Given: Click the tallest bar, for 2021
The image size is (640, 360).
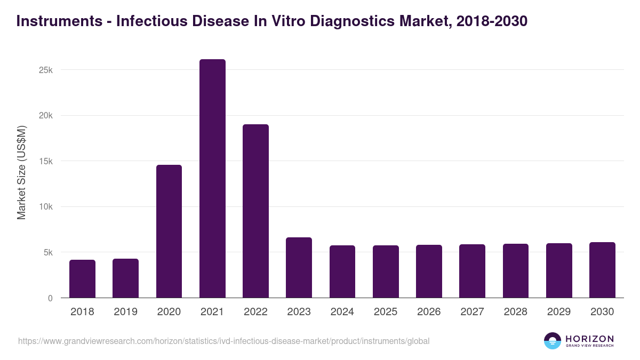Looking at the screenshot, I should point(212,179).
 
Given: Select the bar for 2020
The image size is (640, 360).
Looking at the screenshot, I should point(169,231).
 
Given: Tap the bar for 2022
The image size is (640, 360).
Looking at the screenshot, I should point(255,211).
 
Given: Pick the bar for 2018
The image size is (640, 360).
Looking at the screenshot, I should point(82,279).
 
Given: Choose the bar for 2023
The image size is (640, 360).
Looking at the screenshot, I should point(299,268).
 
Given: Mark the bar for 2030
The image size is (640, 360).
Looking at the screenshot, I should point(602,270).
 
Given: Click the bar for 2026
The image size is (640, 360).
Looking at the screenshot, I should point(429,271).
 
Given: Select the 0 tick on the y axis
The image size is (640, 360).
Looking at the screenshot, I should point(50,299).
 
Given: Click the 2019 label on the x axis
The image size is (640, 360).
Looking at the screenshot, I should point(125,312).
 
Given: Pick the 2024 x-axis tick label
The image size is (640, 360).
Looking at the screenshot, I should point(342,312).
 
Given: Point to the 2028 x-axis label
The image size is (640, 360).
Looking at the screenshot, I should point(515,312).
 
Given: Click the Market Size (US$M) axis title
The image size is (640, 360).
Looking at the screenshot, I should point(21,173).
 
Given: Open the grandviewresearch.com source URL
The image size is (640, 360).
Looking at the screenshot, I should point(223,341).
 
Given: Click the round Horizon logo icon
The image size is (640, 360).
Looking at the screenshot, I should point(553,341).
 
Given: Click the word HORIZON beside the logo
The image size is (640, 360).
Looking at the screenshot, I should point(589,339).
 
